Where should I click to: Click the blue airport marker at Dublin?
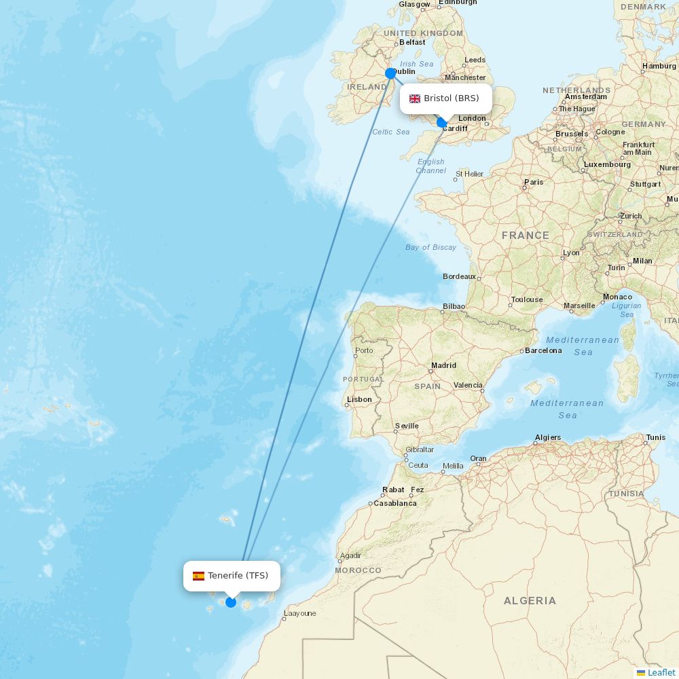click(x=390, y=73)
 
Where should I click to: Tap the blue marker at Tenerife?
click(x=231, y=602)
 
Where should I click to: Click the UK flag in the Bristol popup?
click(x=415, y=98)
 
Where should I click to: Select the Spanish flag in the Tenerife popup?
click(x=198, y=576)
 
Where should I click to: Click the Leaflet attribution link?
click(x=661, y=672)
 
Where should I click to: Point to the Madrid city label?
click(x=443, y=365)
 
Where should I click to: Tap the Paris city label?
click(x=534, y=182)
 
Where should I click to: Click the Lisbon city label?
click(x=359, y=399)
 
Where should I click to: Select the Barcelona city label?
click(x=544, y=350)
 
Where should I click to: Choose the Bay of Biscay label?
click(x=430, y=247)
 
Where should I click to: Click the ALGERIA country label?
click(x=530, y=601)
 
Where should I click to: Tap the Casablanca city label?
click(x=395, y=503)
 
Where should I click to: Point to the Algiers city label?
click(x=548, y=437)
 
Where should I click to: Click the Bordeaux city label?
click(x=459, y=276)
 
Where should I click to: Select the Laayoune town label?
click(x=300, y=613)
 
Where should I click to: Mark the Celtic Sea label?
click(x=391, y=132)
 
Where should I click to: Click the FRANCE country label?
click(x=526, y=236)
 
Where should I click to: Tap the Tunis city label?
click(x=656, y=437)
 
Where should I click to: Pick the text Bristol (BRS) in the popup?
click(x=452, y=98)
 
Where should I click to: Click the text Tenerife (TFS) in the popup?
click(x=238, y=576)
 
